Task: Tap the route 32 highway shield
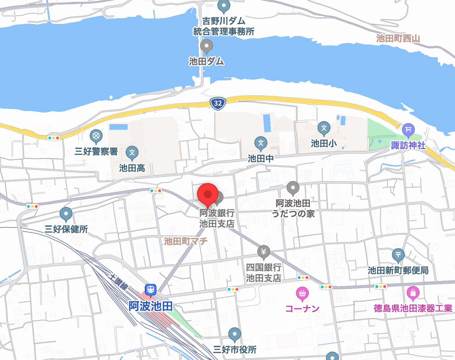[218, 103]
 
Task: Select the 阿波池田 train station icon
[151, 290]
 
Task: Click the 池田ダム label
[206, 61]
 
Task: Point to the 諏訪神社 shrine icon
[408, 130]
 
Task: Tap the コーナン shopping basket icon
[302, 293]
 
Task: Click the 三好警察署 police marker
[96, 136]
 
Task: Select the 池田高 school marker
[132, 152]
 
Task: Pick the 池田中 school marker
[261, 143]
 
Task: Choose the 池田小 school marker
[324, 128]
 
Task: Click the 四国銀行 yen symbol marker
[264, 252]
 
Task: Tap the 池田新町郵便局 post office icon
[398, 255]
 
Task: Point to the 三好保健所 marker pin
[66, 214]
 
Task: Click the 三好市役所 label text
[235, 350]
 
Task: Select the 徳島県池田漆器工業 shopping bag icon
[413, 293]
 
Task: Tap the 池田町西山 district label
[398, 38]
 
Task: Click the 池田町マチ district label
[186, 241]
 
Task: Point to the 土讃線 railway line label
[119, 281]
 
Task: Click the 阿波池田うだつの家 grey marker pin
[293, 188]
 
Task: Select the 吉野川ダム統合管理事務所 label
[224, 26]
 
